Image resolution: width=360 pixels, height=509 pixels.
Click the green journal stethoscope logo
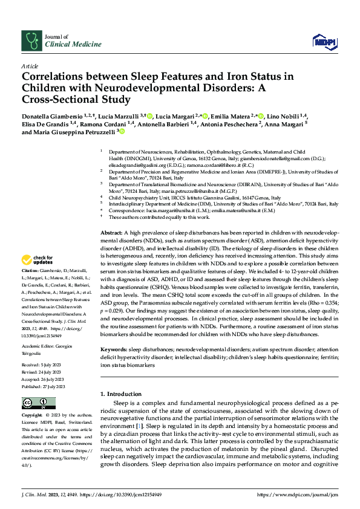click(31, 41)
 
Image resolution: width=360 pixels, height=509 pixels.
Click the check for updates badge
click(38, 261)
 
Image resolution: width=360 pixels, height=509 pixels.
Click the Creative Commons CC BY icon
click(31, 402)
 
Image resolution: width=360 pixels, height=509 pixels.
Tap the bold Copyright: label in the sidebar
click(33, 416)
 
